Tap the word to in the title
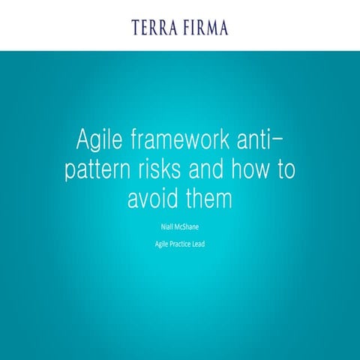coord(285,170)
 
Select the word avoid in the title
coord(152,200)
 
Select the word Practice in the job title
coord(178,243)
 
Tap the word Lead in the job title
coord(204,243)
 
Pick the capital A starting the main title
coord(84,139)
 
